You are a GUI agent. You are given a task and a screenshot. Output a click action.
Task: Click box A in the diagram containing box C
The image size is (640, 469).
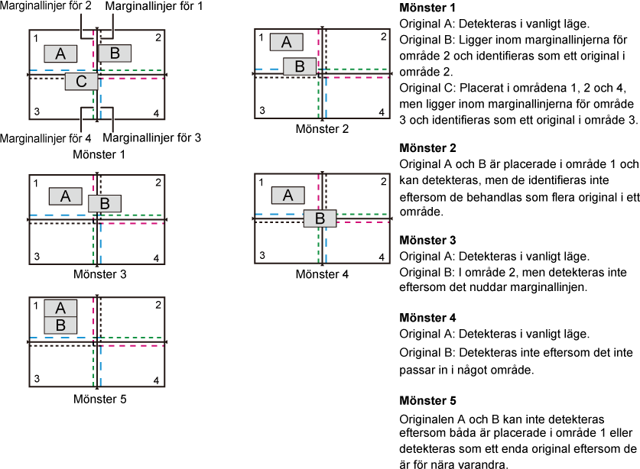pyautogui.click(x=60, y=53)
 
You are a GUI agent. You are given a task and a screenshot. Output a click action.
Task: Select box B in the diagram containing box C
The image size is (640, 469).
pyautogui.click(x=115, y=53)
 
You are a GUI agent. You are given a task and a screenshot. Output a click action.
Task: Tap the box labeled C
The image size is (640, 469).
pyautogui.click(x=81, y=82)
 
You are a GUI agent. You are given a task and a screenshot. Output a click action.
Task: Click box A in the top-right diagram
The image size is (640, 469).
pyautogui.click(x=286, y=42)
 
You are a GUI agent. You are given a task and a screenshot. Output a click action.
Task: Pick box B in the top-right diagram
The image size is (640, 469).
pyautogui.click(x=300, y=66)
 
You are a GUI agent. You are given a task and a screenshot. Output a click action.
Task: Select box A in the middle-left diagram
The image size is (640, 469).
pyautogui.click(x=65, y=196)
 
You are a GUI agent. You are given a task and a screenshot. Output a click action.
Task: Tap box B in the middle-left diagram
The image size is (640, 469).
pyautogui.click(x=105, y=204)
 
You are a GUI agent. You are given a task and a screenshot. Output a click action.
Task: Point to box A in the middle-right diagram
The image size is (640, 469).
pyautogui.click(x=288, y=196)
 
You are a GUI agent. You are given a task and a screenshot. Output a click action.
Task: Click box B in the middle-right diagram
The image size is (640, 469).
pyautogui.click(x=320, y=218)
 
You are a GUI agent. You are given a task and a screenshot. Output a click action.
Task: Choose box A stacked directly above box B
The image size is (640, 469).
pyautogui.click(x=60, y=308)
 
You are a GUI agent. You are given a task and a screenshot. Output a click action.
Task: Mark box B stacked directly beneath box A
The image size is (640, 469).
pyautogui.click(x=60, y=325)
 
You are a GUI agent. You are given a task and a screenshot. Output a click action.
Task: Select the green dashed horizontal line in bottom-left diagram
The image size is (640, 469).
pyautogui.click(x=130, y=338)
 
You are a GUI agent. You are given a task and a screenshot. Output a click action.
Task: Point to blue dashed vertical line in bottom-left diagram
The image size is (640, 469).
pyautogui.click(x=100, y=367)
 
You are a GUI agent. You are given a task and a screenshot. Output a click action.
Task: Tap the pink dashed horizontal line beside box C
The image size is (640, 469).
pyautogui.click(x=133, y=79)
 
